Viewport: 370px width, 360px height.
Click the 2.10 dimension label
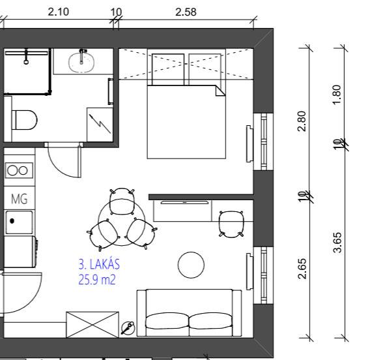58,12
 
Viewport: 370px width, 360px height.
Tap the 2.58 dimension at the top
186,12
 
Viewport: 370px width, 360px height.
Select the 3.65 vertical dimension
337,243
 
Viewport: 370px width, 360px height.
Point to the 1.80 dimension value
337,95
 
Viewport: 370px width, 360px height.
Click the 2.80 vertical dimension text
302,121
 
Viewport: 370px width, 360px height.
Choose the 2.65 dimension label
302,269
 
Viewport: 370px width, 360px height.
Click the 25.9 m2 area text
97,280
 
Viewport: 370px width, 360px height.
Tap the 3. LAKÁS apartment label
99,264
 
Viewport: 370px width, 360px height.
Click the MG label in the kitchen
20,199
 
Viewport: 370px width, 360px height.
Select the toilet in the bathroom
24,120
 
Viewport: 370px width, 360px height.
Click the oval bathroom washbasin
81,62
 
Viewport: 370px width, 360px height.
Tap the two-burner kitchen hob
19,170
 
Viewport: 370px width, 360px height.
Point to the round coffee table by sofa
191,265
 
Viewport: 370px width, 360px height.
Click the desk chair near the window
231,224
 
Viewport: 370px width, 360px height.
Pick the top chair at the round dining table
122,202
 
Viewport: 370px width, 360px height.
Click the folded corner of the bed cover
220,91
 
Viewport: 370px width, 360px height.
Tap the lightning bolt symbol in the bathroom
100,123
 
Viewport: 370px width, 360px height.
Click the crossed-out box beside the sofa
92,325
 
